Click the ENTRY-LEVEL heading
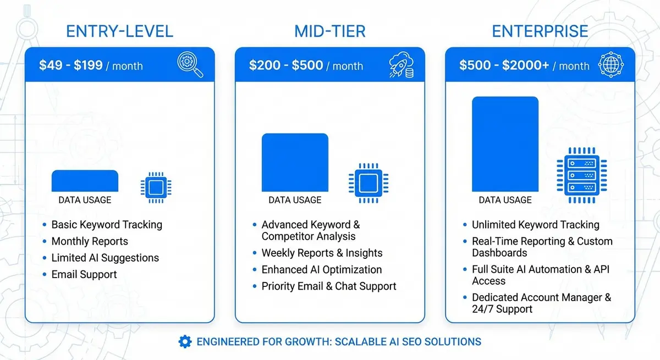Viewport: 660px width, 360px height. coord(119,31)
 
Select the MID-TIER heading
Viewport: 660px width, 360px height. coord(329,31)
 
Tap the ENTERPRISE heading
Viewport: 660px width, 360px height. coord(540,31)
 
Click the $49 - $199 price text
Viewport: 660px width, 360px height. coord(71,65)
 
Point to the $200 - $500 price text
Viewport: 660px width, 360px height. coord(286,65)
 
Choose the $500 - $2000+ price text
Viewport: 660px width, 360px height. coord(504,65)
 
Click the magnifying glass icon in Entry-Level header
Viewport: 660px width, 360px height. coord(190,64)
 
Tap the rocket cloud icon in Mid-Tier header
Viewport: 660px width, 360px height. coord(401,65)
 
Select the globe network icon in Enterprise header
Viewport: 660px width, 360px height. coord(611,65)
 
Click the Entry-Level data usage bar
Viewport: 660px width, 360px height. coord(85,181)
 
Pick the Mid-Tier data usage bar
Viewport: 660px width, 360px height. coord(295,162)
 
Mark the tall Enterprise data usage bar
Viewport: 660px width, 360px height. coord(505,144)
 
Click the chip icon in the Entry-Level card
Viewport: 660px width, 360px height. coord(156,187)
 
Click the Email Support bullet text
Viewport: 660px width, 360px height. coord(84,274)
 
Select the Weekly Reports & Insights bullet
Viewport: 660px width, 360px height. coord(322,253)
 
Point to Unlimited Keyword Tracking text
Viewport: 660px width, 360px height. coord(535,225)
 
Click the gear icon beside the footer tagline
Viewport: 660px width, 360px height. coord(185,341)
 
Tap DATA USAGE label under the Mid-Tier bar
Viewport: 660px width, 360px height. coord(295,200)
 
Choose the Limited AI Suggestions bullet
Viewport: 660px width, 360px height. coord(105,258)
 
